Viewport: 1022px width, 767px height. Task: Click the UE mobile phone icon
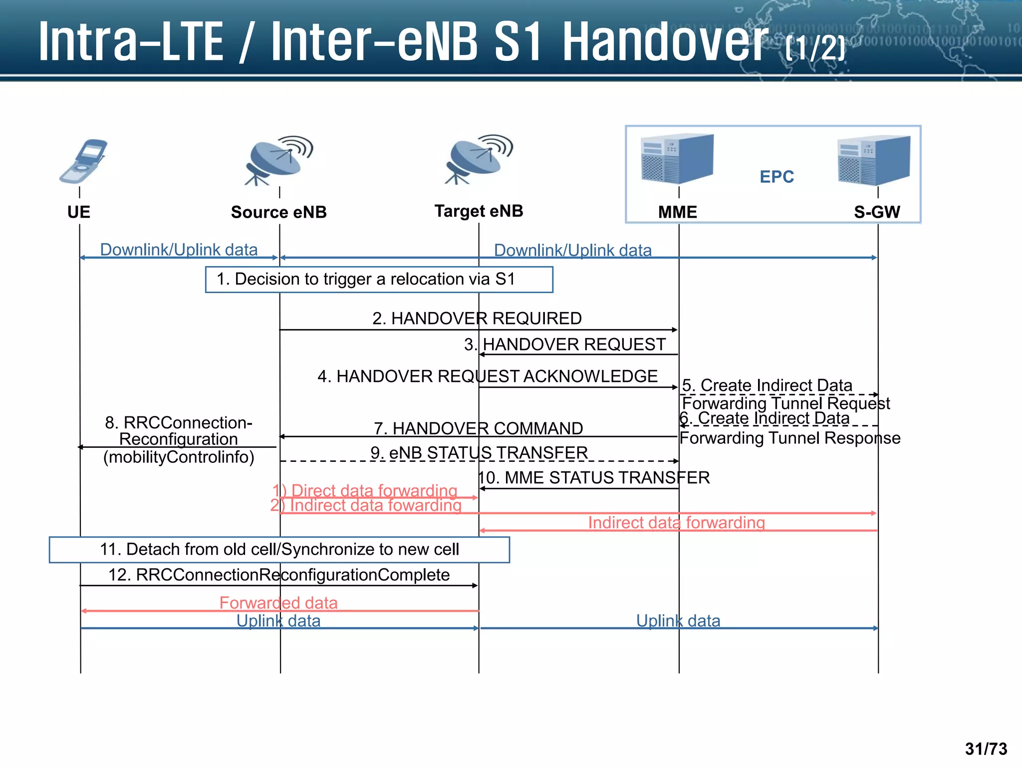pos(83,161)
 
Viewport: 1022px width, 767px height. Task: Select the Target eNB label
pos(479,211)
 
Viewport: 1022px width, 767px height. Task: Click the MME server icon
pos(677,159)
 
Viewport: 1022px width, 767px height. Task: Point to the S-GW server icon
pos(874,160)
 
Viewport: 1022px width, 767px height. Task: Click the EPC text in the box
pos(776,177)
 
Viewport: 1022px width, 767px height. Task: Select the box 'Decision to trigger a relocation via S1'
pos(379,279)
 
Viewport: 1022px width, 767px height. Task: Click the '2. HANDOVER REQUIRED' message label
pos(477,318)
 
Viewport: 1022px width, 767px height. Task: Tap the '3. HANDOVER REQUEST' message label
pos(565,344)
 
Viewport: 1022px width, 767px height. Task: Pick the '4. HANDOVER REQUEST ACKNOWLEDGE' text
pos(488,376)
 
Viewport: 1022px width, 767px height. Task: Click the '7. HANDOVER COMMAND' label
pos(479,428)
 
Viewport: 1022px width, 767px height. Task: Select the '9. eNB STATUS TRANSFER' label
pos(479,452)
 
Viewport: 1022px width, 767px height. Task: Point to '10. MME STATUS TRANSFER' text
pos(594,477)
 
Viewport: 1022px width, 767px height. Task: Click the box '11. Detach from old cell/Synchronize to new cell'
pos(279,549)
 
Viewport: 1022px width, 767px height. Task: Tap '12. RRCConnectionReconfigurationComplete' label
pos(279,575)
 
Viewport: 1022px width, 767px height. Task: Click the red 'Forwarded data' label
pos(278,603)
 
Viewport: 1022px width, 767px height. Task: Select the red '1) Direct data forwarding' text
pos(365,490)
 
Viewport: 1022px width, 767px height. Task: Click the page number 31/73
pos(986,749)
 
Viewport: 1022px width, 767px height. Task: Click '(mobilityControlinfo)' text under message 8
pos(179,457)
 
